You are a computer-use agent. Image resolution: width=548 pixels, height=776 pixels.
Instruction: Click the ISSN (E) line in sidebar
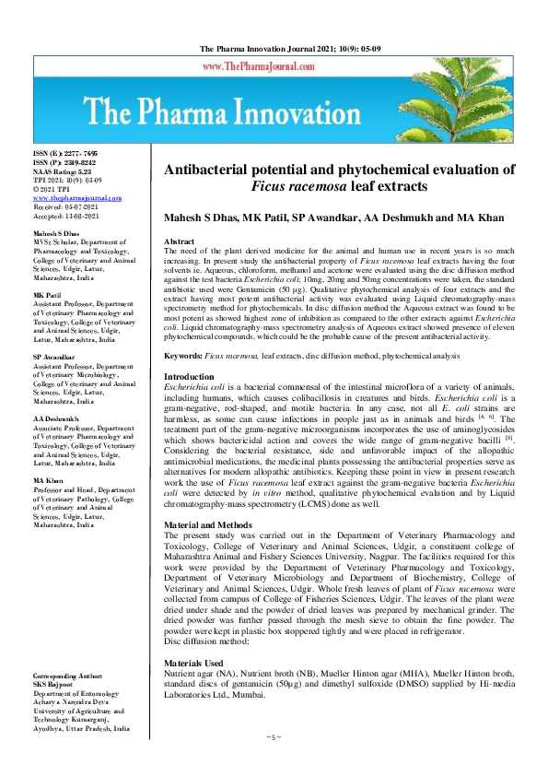[x=66, y=156]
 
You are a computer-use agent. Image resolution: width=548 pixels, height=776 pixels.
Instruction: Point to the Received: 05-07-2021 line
[x=66, y=206]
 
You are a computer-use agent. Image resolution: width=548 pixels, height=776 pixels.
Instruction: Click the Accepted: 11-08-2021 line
[x=66, y=215]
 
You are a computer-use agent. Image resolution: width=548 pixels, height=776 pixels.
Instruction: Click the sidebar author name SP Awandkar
[x=53, y=355]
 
